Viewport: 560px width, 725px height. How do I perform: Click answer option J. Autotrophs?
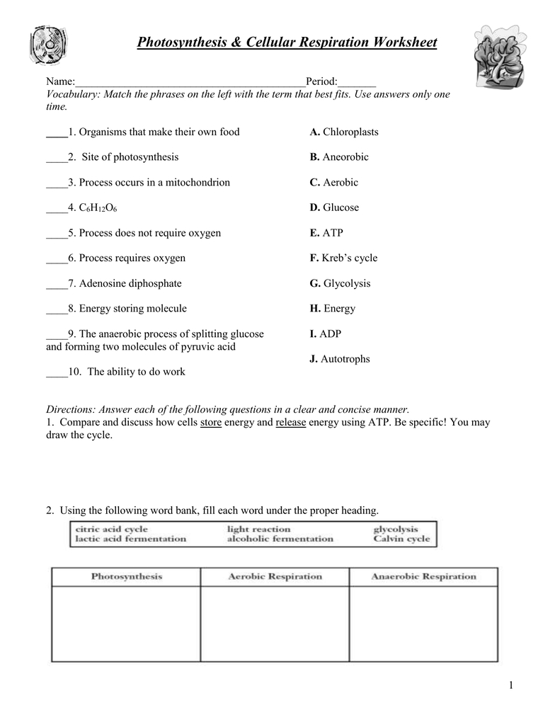pos(340,359)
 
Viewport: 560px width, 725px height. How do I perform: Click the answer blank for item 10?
pos(56,372)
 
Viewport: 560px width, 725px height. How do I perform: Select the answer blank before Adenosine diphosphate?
pos(56,284)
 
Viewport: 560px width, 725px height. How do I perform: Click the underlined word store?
pos(211,422)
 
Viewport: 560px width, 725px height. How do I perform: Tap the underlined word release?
pos(290,422)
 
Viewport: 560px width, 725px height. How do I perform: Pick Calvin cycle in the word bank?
pos(401,539)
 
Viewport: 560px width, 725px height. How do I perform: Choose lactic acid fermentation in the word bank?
pos(130,539)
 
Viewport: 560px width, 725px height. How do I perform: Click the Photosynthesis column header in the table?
pos(126,576)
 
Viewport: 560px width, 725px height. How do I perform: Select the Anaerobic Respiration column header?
pos(423,576)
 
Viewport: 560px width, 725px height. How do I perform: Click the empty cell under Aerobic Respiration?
pos(275,623)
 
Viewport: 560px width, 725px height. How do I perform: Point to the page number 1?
pos(510,685)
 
